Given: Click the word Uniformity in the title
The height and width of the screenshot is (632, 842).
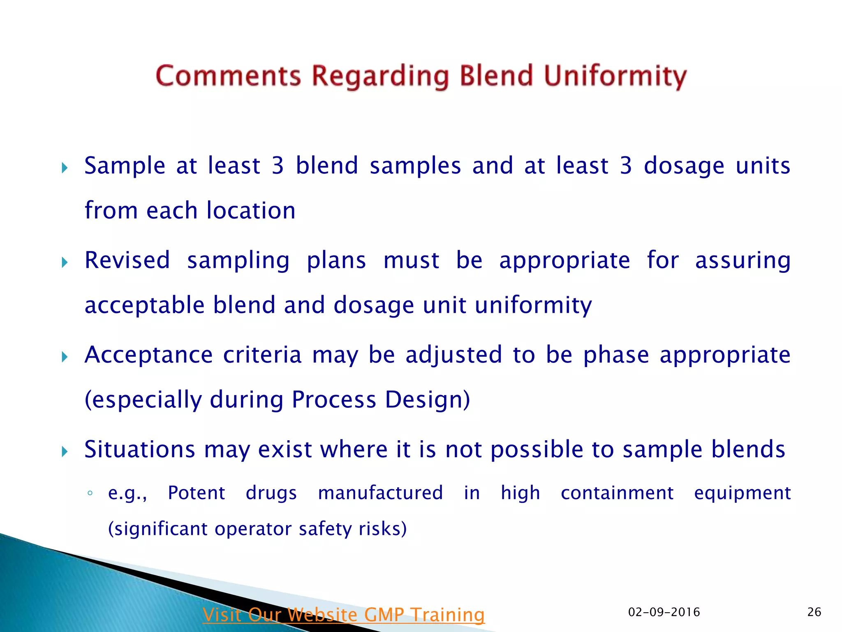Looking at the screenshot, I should pyautogui.click(x=615, y=76).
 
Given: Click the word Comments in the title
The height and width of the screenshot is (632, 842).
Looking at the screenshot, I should pyautogui.click(x=228, y=76).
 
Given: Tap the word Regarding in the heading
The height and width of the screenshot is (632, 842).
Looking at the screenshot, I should pyautogui.click(x=380, y=76).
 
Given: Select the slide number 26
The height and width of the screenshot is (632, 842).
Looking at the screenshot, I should pyautogui.click(x=814, y=612).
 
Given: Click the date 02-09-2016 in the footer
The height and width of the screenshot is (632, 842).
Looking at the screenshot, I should pyautogui.click(x=664, y=612).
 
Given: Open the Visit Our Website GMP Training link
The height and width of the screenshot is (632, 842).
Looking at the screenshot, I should pyautogui.click(x=344, y=615).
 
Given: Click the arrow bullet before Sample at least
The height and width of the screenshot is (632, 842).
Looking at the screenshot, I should pyautogui.click(x=65, y=167).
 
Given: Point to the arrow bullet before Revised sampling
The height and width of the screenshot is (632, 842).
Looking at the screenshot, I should pyautogui.click(x=65, y=262).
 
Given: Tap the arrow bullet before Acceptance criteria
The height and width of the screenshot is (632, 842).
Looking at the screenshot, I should pyautogui.click(x=65, y=357).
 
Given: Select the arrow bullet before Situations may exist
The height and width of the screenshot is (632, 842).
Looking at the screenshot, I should pyautogui.click(x=65, y=451).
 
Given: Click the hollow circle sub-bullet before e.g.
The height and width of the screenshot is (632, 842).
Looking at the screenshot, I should pyautogui.click(x=90, y=493).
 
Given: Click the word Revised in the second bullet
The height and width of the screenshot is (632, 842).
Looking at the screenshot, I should pyautogui.click(x=127, y=260).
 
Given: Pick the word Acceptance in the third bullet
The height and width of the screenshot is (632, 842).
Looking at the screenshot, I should pyautogui.click(x=148, y=355).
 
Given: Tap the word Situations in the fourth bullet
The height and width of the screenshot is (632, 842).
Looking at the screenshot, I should pyautogui.click(x=139, y=449).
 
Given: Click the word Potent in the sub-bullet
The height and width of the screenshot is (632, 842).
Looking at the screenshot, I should pyautogui.click(x=196, y=493).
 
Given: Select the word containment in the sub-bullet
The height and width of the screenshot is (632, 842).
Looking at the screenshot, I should pyautogui.click(x=617, y=493).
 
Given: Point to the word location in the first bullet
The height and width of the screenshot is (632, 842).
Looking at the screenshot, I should pyautogui.click(x=251, y=211).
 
